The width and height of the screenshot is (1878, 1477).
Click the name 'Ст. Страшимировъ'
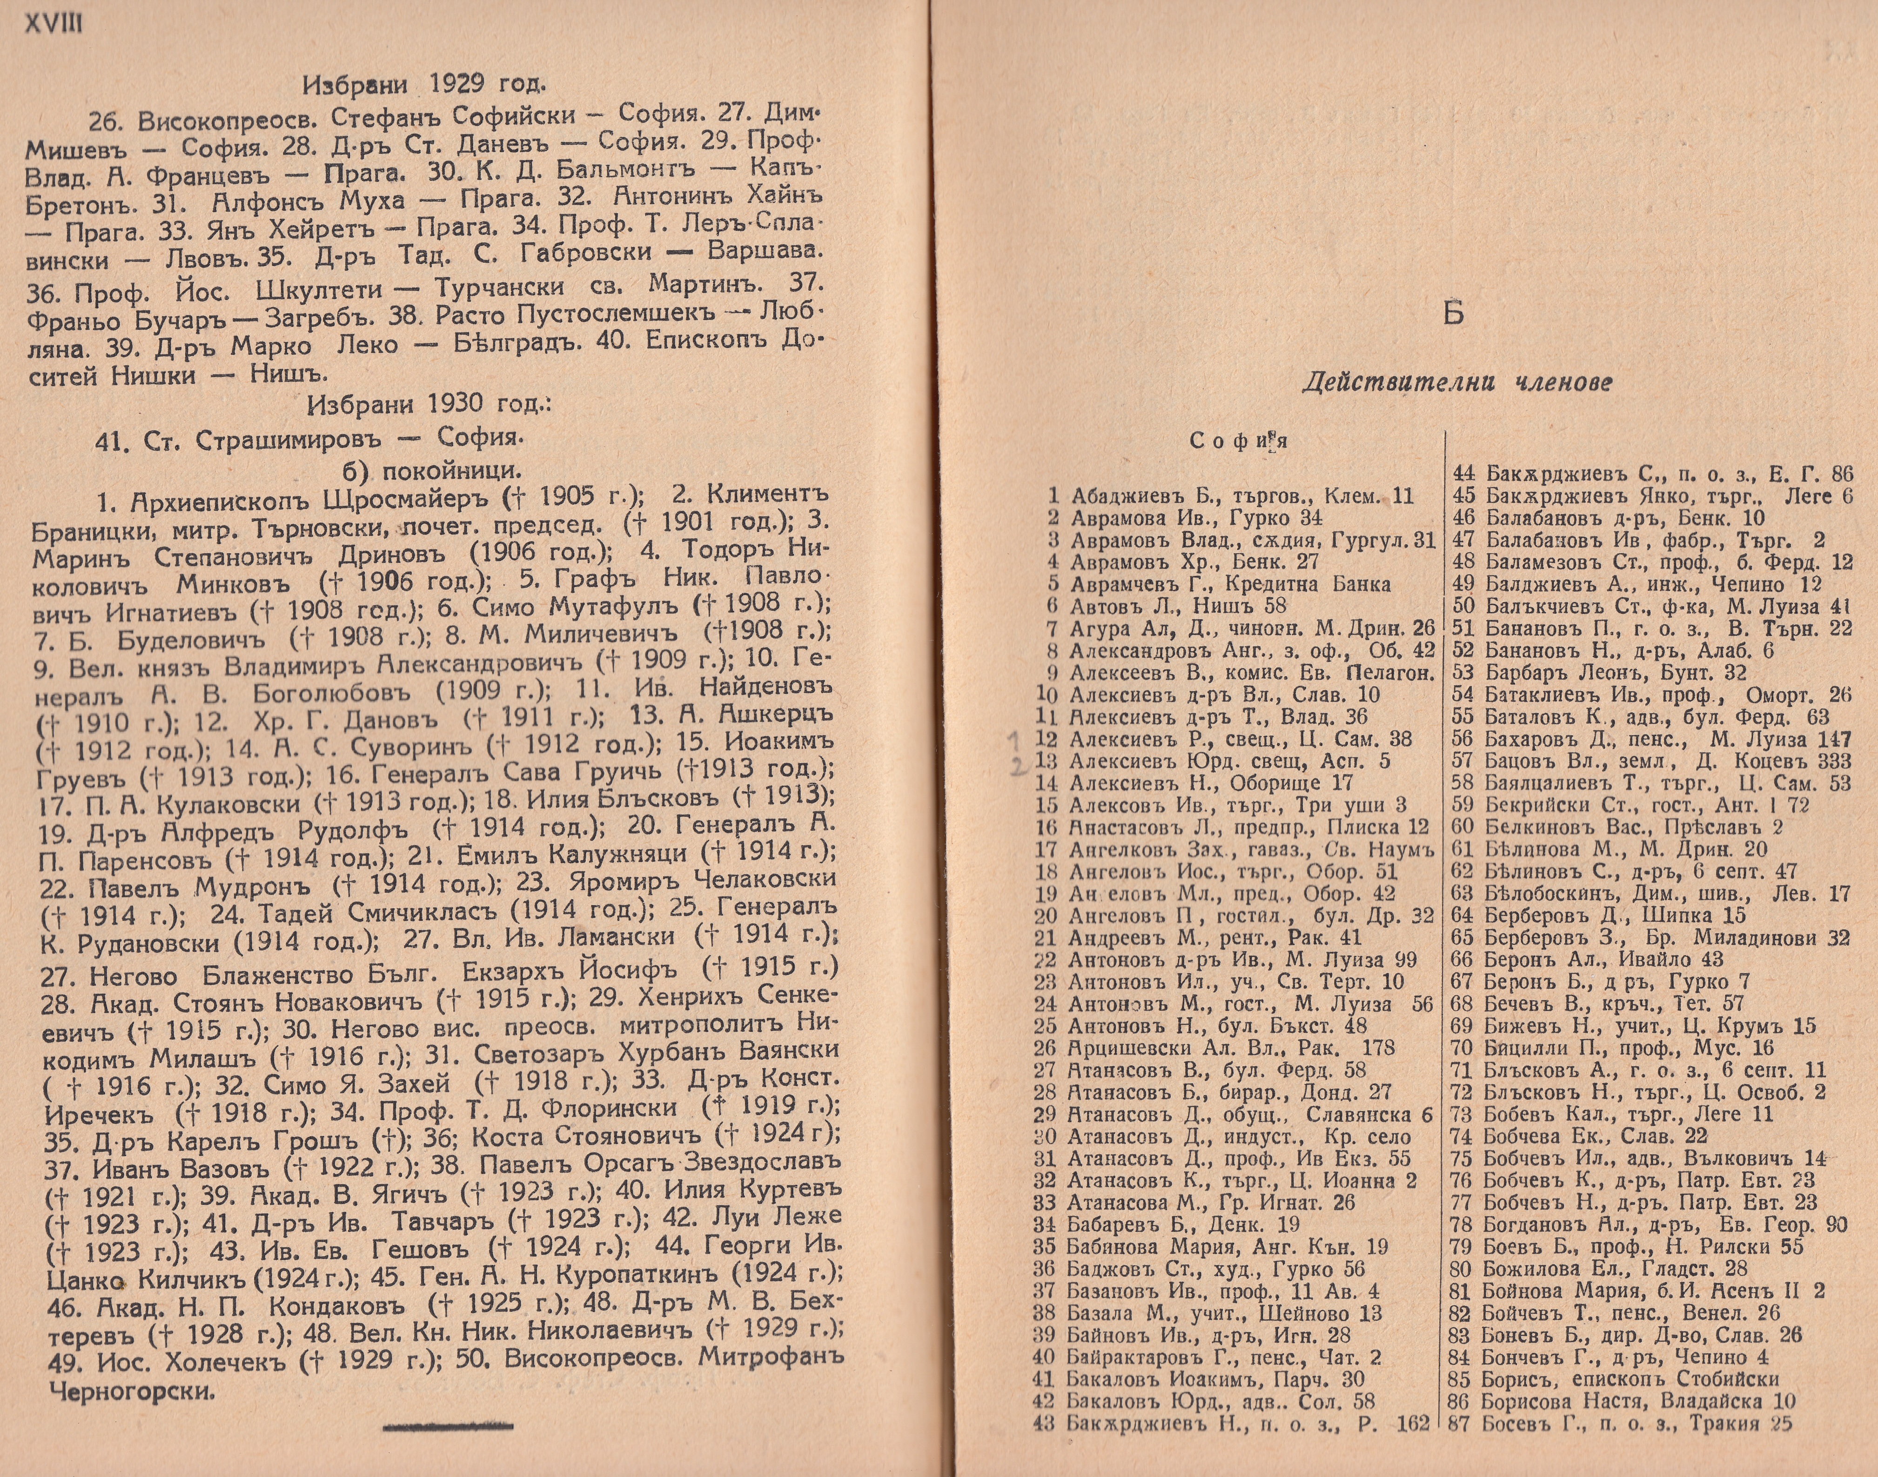tap(275, 439)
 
